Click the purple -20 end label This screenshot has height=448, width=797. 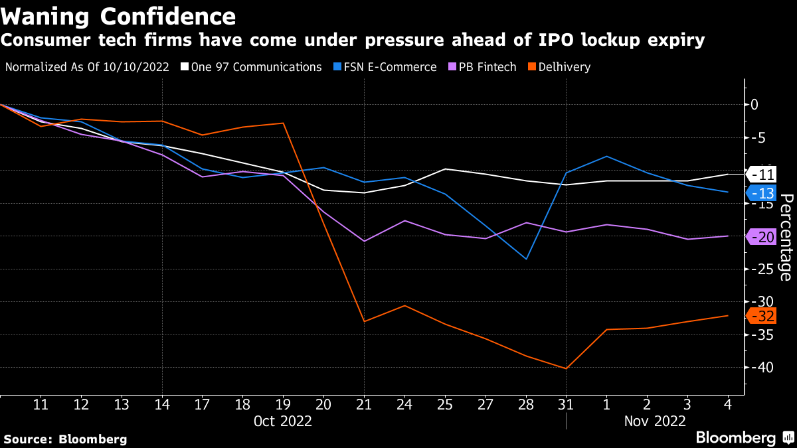point(762,236)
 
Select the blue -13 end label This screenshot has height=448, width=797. point(762,193)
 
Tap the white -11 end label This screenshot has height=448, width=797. point(762,175)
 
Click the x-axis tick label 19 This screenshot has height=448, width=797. point(283,404)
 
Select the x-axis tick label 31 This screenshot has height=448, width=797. point(566,404)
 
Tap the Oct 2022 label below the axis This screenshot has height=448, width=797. point(283,421)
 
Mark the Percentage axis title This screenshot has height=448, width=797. point(786,237)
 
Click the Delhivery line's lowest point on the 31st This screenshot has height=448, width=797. point(566,368)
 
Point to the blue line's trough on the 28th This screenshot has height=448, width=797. point(526,259)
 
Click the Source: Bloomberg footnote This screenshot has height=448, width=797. point(65,439)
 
